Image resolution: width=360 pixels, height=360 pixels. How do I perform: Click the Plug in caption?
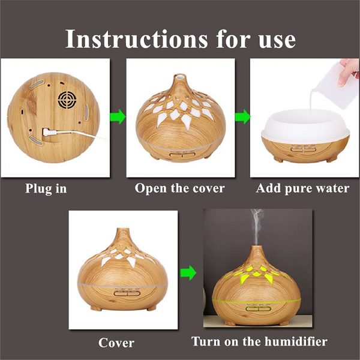click(46, 189)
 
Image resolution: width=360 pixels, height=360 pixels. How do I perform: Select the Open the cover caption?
click(180, 188)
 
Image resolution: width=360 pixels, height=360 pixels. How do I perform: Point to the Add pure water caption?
click(302, 189)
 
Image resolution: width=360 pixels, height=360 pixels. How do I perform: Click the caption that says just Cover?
click(116, 343)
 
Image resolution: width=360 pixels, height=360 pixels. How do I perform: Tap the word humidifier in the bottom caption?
click(296, 341)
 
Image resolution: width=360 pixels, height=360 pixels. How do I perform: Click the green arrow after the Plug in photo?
click(118, 116)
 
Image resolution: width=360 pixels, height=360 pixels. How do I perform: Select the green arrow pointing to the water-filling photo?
click(242, 116)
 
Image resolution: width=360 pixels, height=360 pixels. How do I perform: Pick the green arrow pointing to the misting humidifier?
click(188, 273)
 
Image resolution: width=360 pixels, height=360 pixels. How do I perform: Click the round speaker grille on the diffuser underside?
click(67, 100)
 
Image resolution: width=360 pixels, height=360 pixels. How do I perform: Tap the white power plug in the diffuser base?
click(50, 133)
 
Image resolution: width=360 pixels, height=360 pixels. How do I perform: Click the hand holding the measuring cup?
click(348, 71)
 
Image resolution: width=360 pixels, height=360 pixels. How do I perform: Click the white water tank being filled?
click(305, 127)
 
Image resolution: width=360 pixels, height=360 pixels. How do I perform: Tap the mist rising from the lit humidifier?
click(257, 226)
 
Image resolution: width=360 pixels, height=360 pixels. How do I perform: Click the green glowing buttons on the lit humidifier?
click(258, 309)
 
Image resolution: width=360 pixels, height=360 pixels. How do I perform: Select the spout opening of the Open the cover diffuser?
click(179, 76)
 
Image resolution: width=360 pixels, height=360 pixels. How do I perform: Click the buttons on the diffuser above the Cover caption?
click(127, 293)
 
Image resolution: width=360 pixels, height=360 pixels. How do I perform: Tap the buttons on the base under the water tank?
click(303, 149)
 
